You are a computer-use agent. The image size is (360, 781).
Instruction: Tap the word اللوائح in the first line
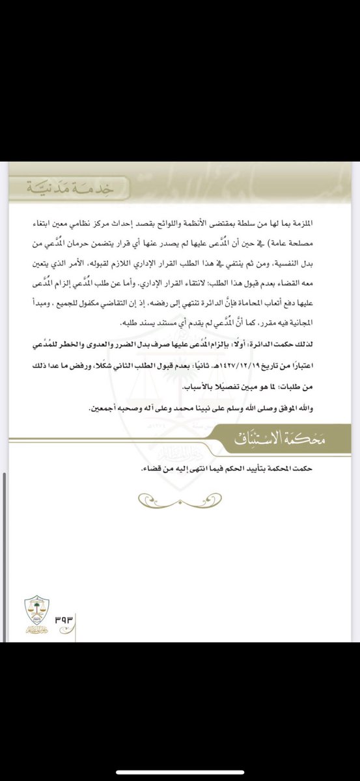(214, 223)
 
